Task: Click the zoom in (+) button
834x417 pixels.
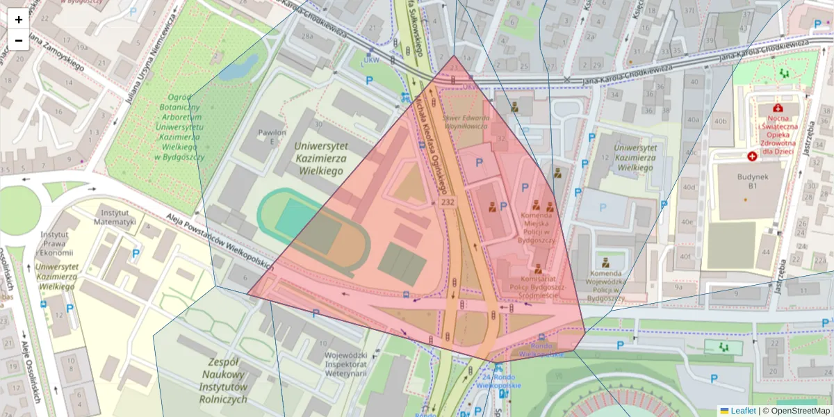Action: [x=19, y=19]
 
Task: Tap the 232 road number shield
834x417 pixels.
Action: [x=448, y=201]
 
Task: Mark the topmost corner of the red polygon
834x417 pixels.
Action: [x=454, y=56]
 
